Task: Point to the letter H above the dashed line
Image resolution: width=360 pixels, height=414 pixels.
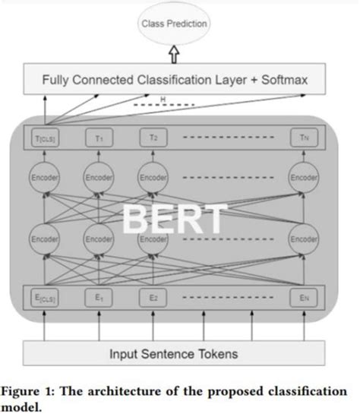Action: point(162,98)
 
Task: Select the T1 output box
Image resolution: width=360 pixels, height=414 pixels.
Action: point(99,138)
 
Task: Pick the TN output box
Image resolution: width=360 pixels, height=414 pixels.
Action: point(304,138)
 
